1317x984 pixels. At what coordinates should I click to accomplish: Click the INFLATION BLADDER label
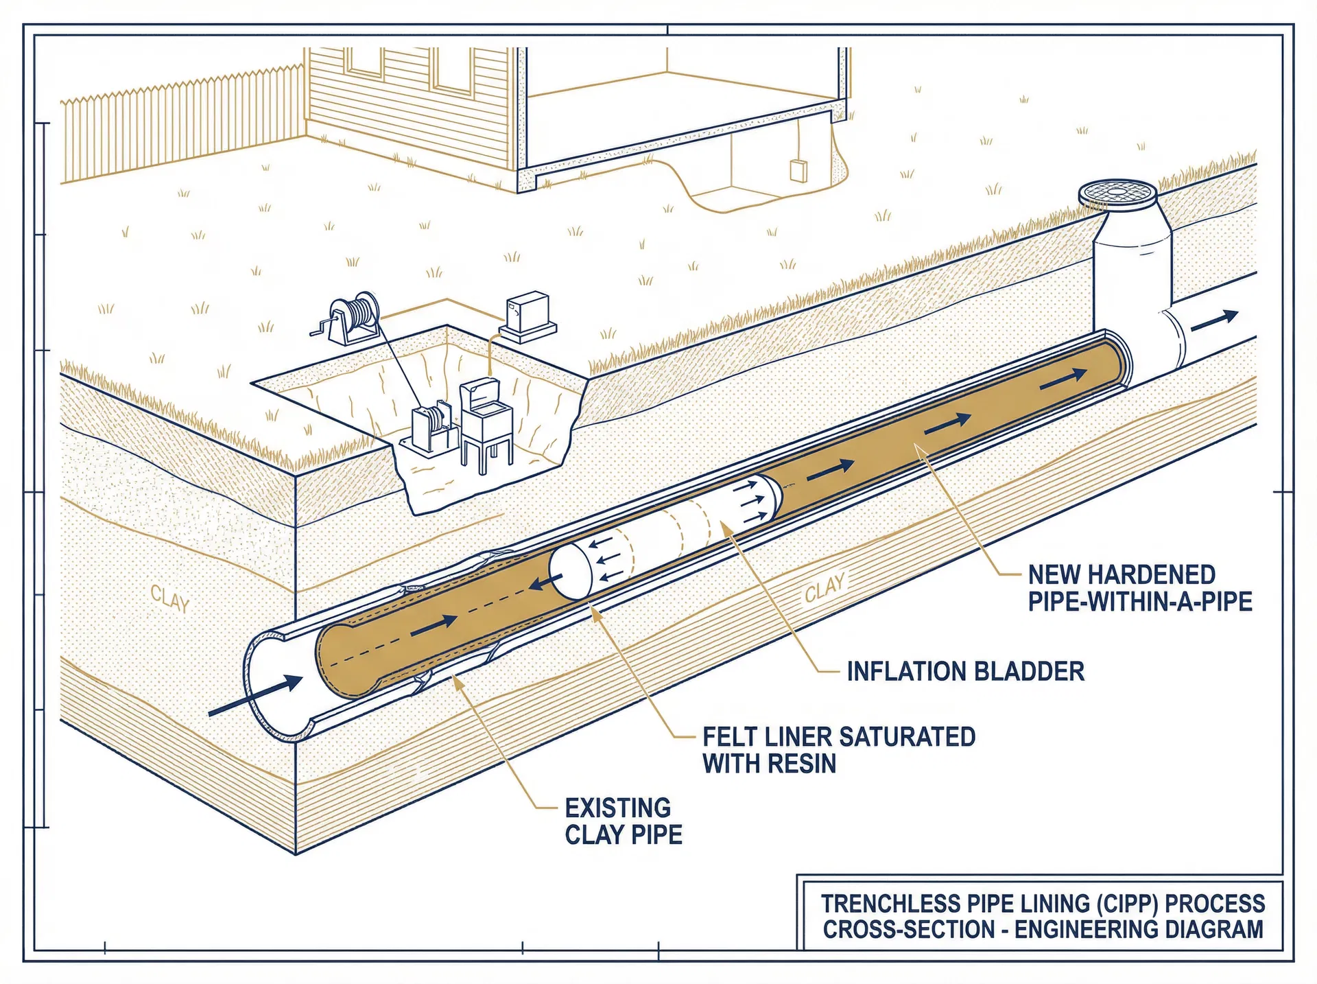coord(965,672)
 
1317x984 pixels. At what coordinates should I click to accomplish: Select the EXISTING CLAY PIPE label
coord(623,821)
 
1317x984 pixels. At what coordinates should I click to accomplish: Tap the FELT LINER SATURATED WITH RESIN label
coord(838,750)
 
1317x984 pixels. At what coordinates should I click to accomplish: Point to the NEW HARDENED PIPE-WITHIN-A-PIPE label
coord(1139,588)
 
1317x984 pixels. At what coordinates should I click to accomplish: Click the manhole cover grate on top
coord(1117,192)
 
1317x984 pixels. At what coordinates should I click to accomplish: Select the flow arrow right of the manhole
coord(1214,320)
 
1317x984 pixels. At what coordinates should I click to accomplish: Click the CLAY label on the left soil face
coord(169,599)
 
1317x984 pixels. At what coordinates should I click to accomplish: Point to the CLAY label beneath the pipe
coord(824,587)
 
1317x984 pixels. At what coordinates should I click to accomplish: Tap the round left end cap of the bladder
coord(570,572)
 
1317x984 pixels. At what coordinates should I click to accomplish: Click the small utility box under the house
coord(798,170)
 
